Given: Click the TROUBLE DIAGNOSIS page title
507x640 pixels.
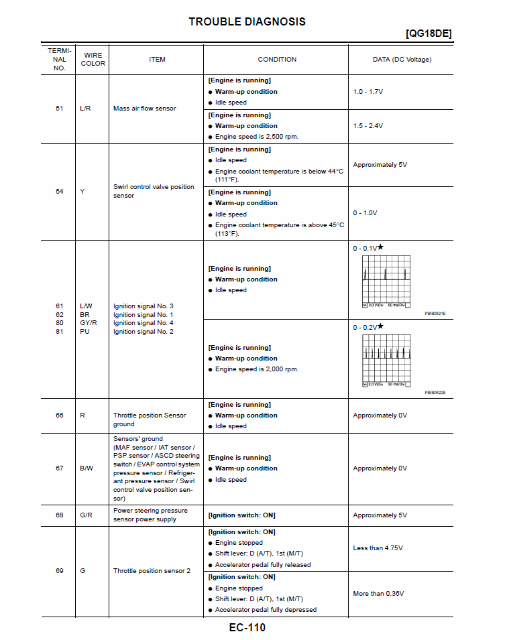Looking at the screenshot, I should coord(247,21).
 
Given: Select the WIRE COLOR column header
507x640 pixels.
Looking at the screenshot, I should coord(93,59).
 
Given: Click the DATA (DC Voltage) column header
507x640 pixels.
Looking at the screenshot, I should coord(402,60).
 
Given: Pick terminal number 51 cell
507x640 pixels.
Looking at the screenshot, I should coord(60,108).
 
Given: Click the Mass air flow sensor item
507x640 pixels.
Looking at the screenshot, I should coord(144,108).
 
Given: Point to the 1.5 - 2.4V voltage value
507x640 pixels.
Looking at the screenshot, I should coord(368,126).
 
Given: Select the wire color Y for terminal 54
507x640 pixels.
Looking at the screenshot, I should coord(82,192).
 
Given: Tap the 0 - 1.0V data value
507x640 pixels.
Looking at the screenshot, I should coord(365,213).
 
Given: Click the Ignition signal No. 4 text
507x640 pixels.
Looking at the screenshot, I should coord(143,323).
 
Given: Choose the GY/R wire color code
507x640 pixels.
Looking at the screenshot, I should coord(89,323).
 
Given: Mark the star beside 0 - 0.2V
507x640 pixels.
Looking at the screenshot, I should coord(380,326).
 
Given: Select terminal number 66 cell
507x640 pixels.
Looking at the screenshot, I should coord(60,415).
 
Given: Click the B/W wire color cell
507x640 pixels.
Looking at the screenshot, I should coord(86,468).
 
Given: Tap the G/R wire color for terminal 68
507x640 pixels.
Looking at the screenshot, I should coord(86,515).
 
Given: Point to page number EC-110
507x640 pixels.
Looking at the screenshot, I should coord(247,628).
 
